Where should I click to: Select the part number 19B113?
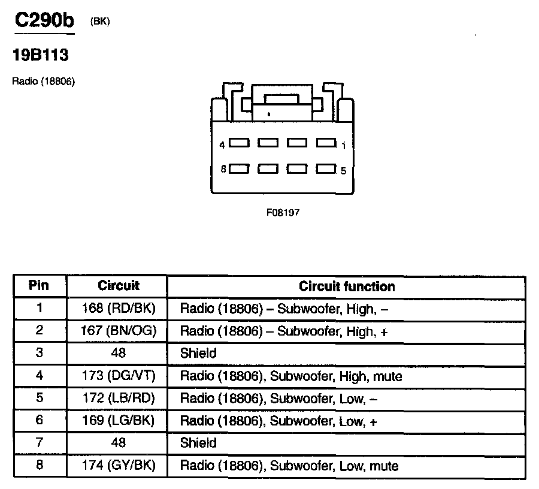(x=40, y=56)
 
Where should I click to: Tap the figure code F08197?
(x=283, y=212)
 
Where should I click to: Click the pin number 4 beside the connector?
(x=222, y=145)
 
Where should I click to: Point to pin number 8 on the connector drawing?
(x=222, y=170)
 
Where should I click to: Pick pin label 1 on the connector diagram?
(x=344, y=145)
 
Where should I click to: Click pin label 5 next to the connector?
(x=344, y=171)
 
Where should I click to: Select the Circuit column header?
(x=119, y=286)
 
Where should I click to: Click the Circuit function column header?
(x=347, y=286)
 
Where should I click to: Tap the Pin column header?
(x=39, y=286)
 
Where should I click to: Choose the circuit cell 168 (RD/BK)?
(x=119, y=309)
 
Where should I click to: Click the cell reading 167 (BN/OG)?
(x=119, y=331)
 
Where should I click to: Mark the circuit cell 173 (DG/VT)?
(x=119, y=376)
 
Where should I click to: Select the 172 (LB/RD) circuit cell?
(x=119, y=399)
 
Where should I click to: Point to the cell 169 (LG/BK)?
(x=119, y=421)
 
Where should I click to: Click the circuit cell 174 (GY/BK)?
(x=119, y=466)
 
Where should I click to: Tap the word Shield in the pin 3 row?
(x=198, y=354)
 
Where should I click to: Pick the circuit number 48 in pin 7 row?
(x=119, y=443)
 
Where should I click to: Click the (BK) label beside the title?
(x=100, y=22)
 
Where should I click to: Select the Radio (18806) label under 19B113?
(x=43, y=81)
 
